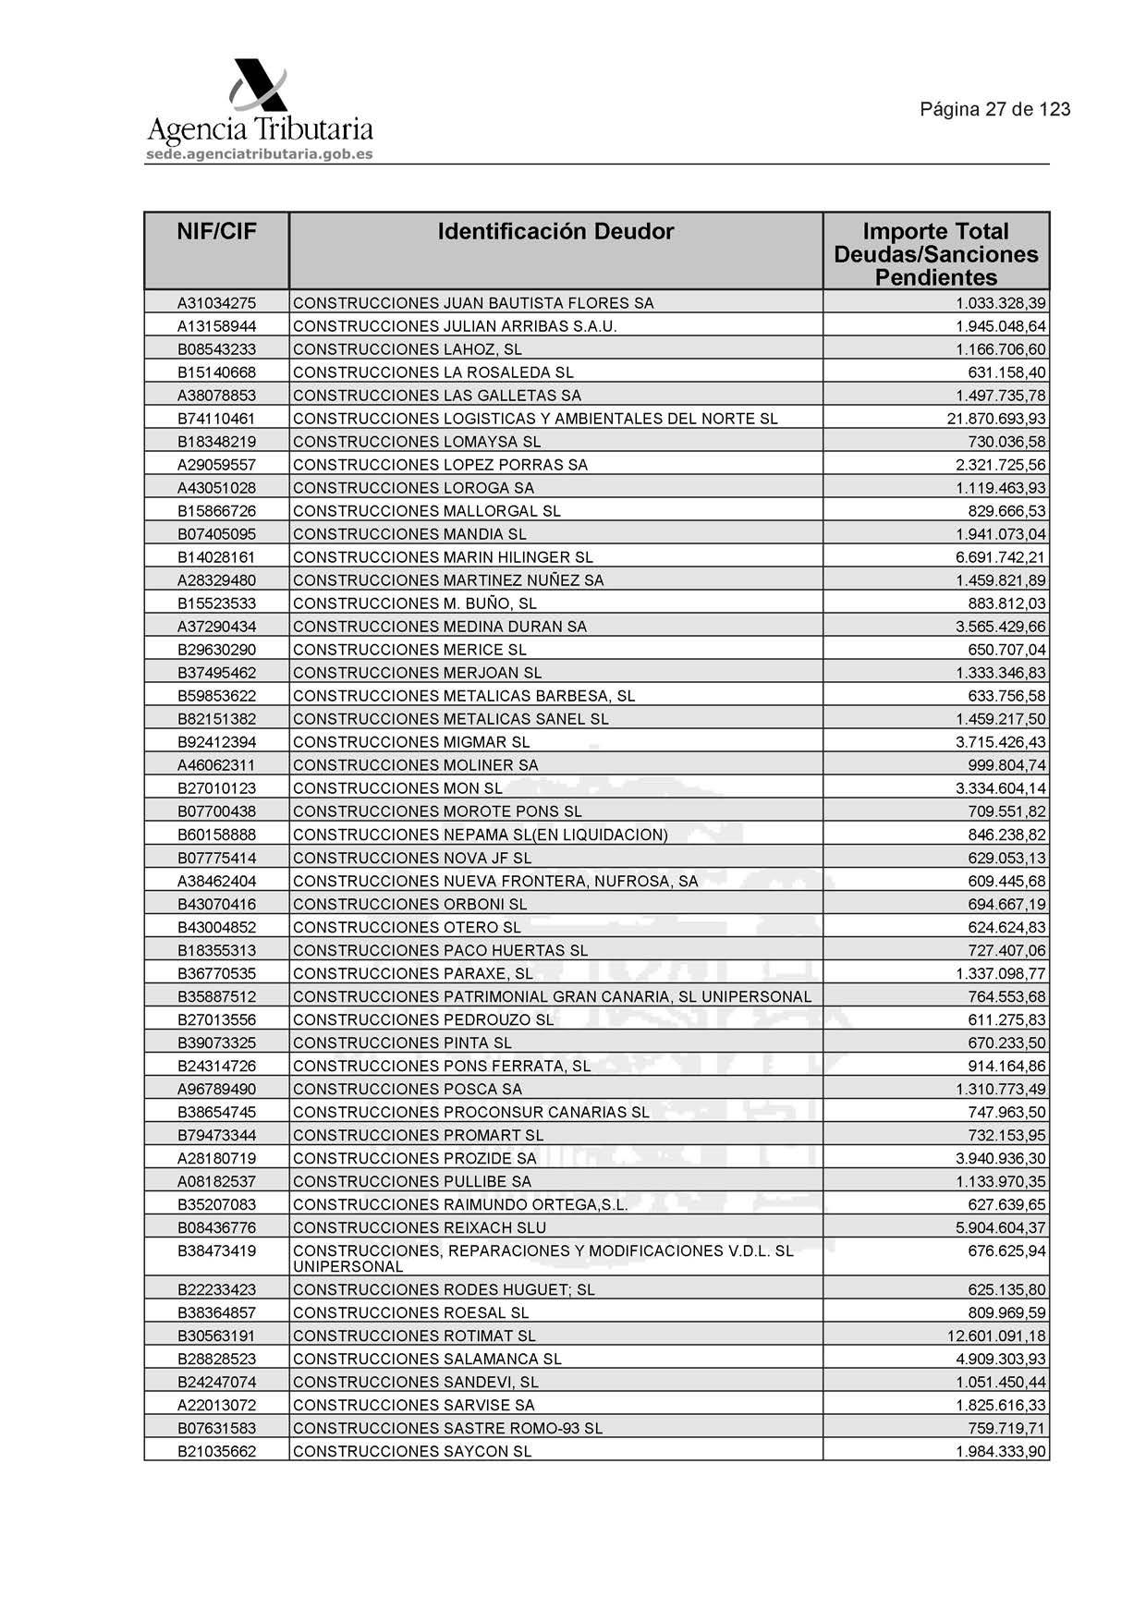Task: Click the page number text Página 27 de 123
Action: click(x=994, y=110)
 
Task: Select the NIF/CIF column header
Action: click(x=216, y=232)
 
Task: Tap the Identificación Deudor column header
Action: click(x=555, y=232)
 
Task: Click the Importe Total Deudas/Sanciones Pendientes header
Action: click(x=935, y=254)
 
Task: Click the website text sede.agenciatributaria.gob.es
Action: click(x=260, y=154)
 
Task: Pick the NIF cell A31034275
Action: click(x=216, y=303)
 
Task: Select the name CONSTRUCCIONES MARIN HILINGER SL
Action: click(x=443, y=557)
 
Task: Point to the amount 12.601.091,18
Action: click(x=996, y=1336)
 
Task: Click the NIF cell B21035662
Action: click(x=216, y=1452)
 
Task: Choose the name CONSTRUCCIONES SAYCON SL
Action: click(x=412, y=1452)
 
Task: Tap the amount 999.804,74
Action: click(x=1006, y=765)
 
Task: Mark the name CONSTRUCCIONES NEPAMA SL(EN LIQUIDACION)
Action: click(x=480, y=835)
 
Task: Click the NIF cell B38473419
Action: click(x=216, y=1251)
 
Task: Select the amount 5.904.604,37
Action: click(x=1001, y=1228)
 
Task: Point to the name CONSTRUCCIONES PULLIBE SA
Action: click(x=412, y=1182)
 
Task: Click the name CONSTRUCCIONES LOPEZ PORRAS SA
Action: click(x=440, y=465)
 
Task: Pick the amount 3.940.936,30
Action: click(x=1001, y=1159)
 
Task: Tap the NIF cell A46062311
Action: click(x=216, y=765)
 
